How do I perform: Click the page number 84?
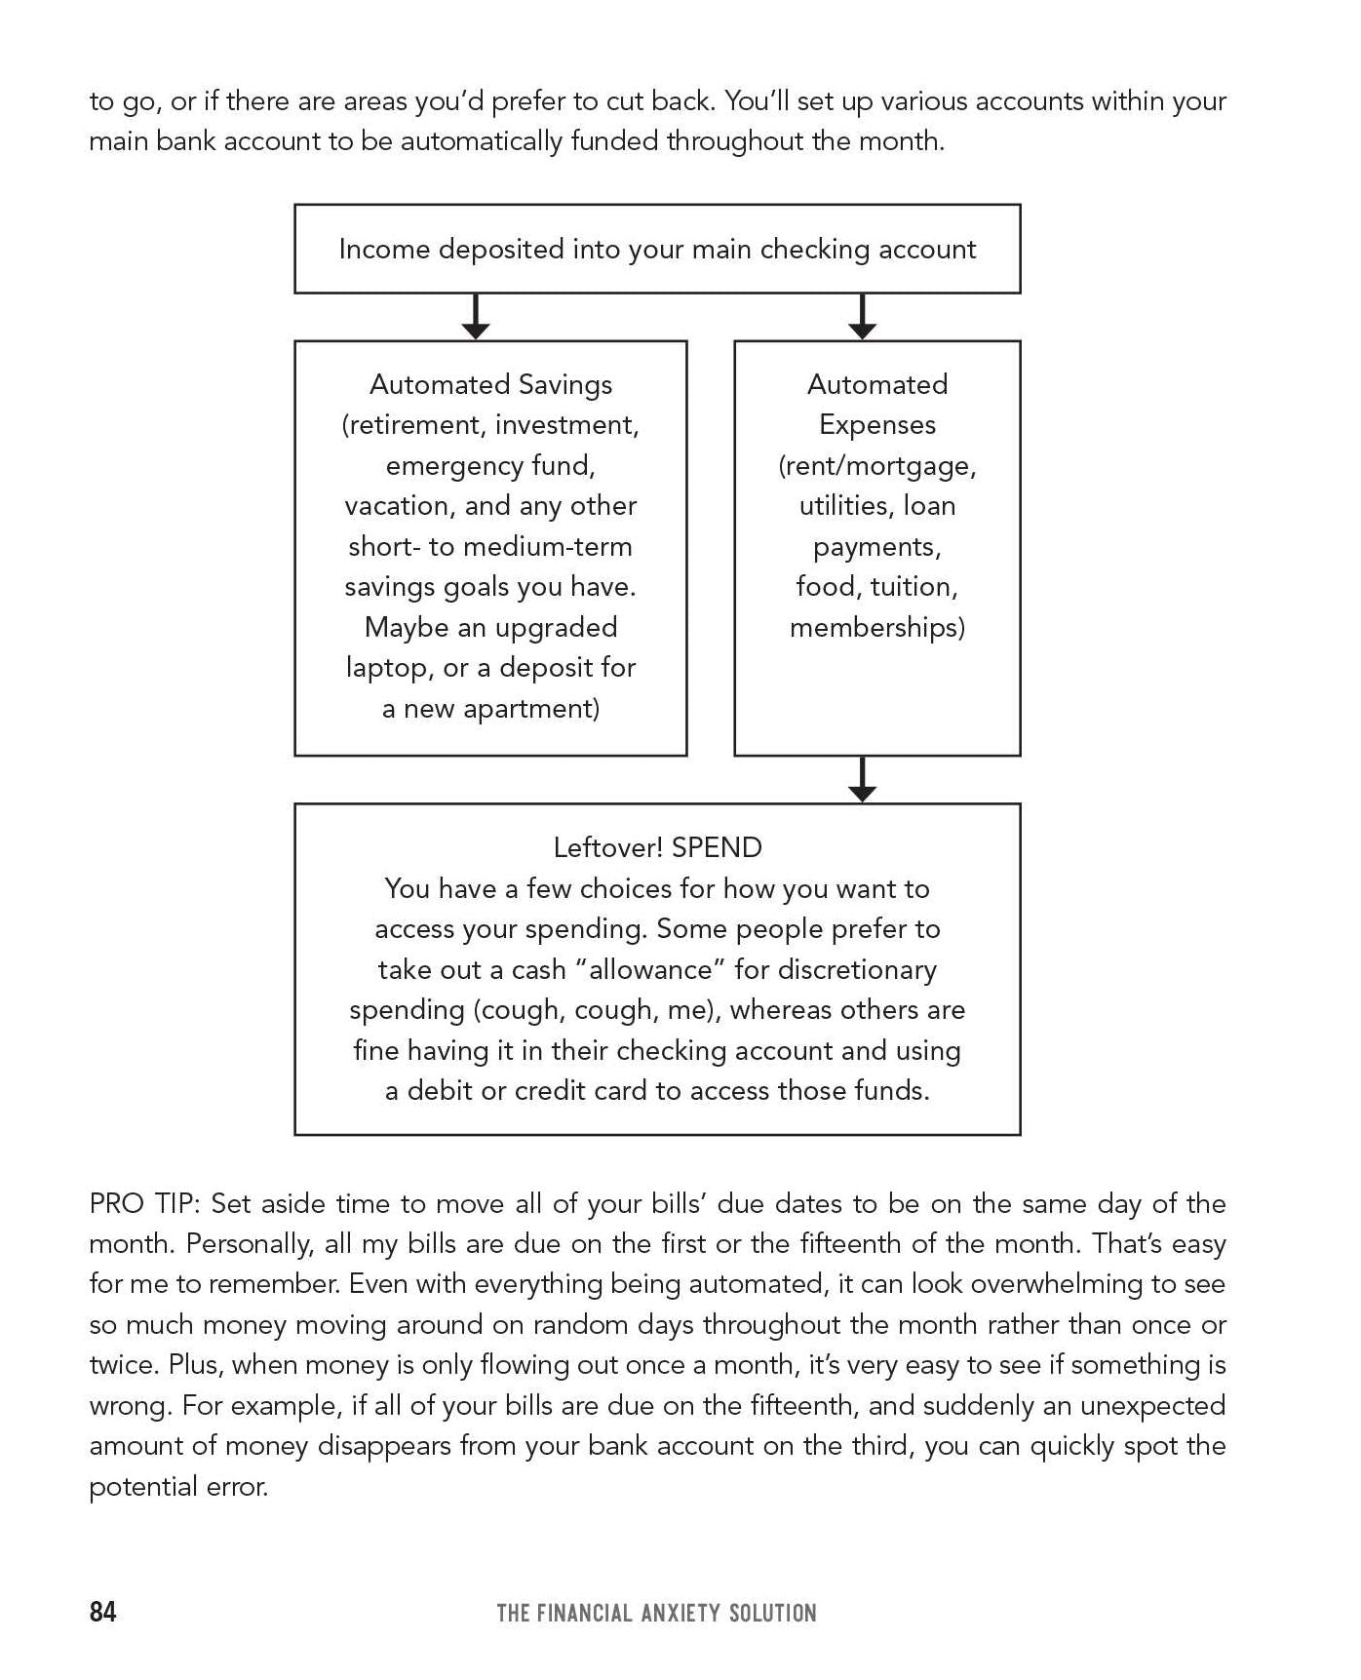(102, 1612)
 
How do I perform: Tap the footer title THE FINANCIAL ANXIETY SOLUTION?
(656, 1613)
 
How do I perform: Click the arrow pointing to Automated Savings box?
(475, 317)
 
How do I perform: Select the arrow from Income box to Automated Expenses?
(862, 317)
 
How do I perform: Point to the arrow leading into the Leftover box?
(862, 780)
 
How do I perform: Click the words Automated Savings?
(490, 384)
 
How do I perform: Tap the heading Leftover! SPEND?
(657, 847)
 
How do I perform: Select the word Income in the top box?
(384, 250)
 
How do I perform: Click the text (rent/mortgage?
(876, 465)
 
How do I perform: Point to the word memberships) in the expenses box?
(876, 627)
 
